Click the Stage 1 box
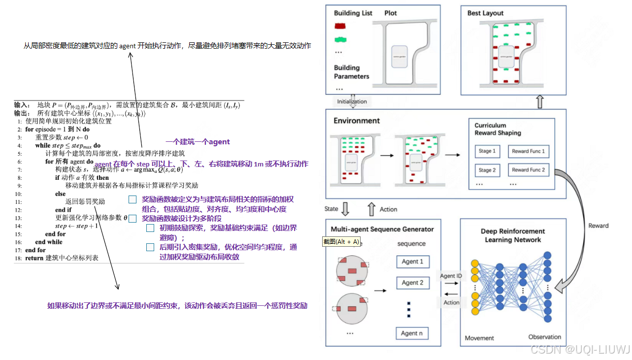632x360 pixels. [487, 151]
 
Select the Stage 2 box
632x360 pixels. [487, 170]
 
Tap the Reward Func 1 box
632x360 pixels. [528, 151]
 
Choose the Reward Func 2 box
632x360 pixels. [528, 170]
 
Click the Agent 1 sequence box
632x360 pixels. [412, 262]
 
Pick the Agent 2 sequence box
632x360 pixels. [412, 283]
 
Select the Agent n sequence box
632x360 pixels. [412, 333]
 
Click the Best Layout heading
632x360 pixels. [485, 13]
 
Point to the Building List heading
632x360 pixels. [353, 13]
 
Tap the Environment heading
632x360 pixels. [357, 121]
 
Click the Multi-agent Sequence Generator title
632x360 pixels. [382, 229]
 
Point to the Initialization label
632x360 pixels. [352, 101]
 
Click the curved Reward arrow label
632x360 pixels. [598, 226]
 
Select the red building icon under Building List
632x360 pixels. [340, 26]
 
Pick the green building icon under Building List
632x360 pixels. [340, 39]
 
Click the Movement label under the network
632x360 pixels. [479, 338]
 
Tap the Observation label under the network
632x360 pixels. [544, 337]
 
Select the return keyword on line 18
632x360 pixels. [34, 258]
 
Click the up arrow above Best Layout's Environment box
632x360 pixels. [539, 102]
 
